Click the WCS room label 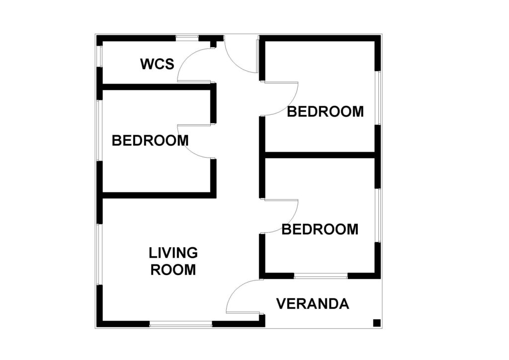coord(158,64)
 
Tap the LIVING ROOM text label coord(173,262)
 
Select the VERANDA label coord(313,304)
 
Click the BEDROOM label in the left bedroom coord(150,141)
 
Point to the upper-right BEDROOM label coord(325,112)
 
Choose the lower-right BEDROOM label coord(320,229)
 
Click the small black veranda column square coord(377,323)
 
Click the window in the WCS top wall coord(187,38)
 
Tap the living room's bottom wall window coord(180,324)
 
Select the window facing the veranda coord(321,276)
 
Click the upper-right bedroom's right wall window coord(378,98)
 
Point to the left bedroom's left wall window coord(100,130)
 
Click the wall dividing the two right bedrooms coord(320,155)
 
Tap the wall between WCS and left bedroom coord(157,87)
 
